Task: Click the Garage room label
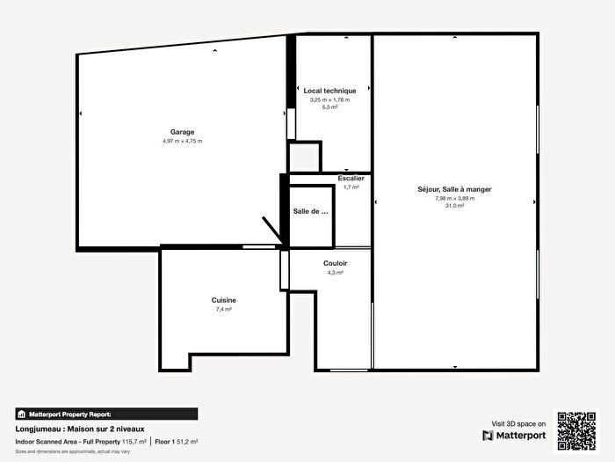pyautogui.click(x=182, y=132)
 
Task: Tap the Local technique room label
pyautogui.click(x=329, y=91)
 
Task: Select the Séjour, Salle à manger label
pyautogui.click(x=454, y=189)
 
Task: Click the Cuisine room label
pyautogui.click(x=224, y=300)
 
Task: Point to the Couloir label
pyautogui.click(x=335, y=263)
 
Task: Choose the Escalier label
pyautogui.click(x=351, y=178)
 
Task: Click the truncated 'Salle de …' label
pyautogui.click(x=310, y=211)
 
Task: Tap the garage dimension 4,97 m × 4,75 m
pyautogui.click(x=182, y=142)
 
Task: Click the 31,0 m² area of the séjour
pyautogui.click(x=454, y=206)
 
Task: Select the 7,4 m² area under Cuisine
pyautogui.click(x=224, y=310)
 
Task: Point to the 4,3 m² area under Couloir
pyautogui.click(x=335, y=273)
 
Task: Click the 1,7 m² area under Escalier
pyautogui.click(x=351, y=187)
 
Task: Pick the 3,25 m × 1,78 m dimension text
pyautogui.click(x=329, y=99)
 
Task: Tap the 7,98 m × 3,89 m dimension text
pyautogui.click(x=454, y=198)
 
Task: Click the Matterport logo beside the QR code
pyautogui.click(x=514, y=435)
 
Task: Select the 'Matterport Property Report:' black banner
pyautogui.click(x=106, y=414)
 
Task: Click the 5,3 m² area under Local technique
pyautogui.click(x=329, y=107)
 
